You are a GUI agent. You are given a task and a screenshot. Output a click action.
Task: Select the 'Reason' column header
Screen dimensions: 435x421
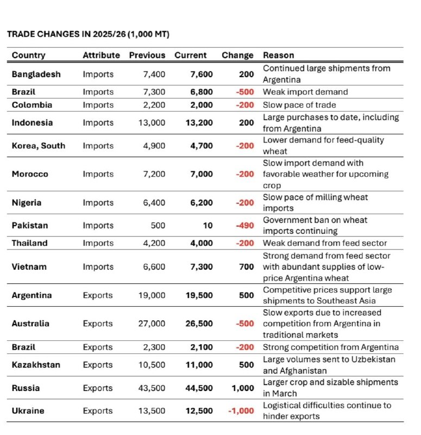point(278,55)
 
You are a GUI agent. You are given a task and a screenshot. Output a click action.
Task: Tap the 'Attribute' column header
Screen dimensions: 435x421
point(101,55)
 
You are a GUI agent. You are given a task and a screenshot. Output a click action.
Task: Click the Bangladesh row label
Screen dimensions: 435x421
point(36,74)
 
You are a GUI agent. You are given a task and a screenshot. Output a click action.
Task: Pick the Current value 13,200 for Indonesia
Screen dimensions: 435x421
point(199,123)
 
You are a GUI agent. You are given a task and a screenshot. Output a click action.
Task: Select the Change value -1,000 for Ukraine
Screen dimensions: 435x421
point(241,411)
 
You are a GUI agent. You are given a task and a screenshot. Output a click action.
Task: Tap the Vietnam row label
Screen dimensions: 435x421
point(29,267)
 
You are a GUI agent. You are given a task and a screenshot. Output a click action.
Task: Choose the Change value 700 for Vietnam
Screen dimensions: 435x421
point(246,267)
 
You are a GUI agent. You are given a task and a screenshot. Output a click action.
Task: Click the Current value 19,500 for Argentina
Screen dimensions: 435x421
point(199,295)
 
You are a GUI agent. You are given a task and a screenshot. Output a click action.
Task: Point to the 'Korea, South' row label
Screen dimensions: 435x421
point(38,146)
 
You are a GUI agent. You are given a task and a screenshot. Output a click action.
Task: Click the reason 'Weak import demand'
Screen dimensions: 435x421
point(305,92)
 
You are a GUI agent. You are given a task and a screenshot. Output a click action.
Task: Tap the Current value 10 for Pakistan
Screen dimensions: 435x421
point(208,226)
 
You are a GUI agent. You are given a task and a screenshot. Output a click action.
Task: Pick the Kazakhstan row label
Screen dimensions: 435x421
point(36,365)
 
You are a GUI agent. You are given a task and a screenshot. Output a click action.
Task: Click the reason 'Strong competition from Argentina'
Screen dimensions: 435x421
point(330,347)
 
